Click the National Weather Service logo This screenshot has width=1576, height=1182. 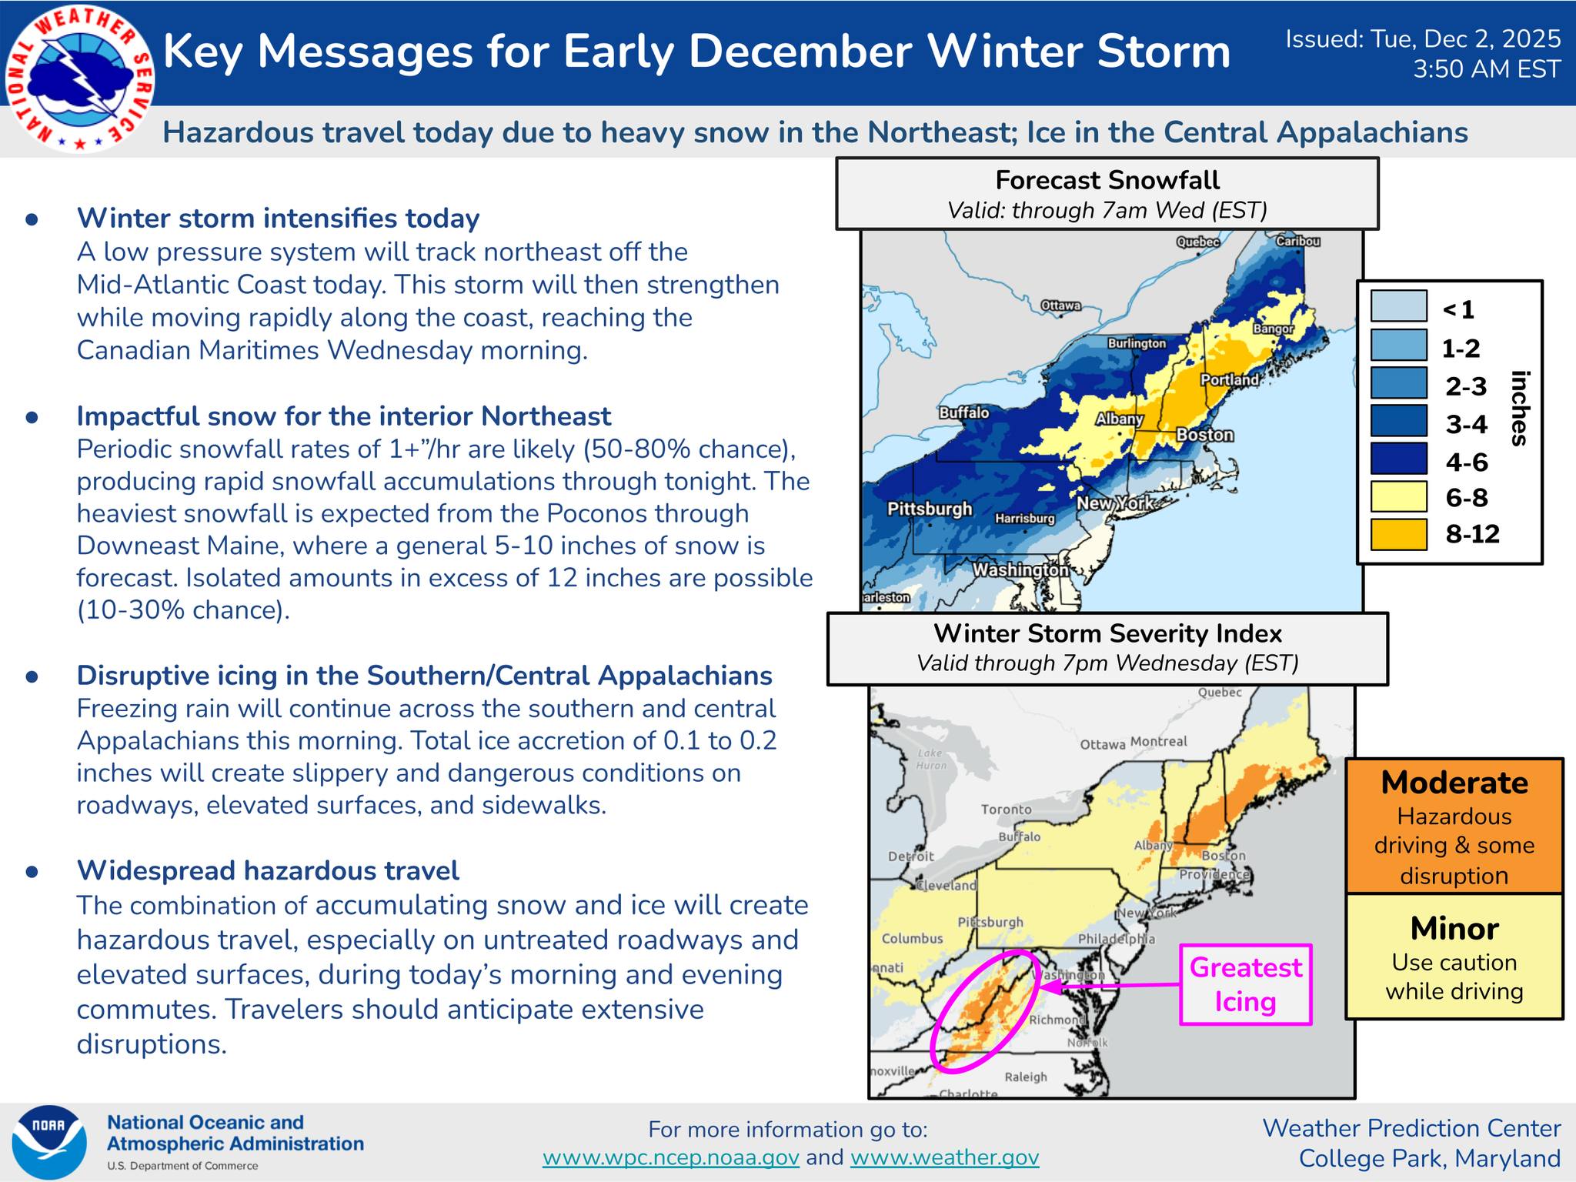[79, 79]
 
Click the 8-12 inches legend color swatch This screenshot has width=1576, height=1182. [1398, 534]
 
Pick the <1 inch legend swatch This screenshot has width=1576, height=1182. [1398, 306]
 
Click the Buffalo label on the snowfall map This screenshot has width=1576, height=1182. [963, 412]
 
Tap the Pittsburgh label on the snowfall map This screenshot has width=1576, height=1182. [930, 509]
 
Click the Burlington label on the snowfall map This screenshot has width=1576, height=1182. [1136, 343]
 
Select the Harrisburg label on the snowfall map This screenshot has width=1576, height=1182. [1024, 519]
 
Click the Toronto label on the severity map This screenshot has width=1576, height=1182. [1006, 809]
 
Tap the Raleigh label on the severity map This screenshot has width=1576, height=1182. [1025, 1077]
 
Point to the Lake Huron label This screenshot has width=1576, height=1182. [930, 760]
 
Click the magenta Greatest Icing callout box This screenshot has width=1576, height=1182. [1245, 984]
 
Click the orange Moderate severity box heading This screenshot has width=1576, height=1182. [1454, 783]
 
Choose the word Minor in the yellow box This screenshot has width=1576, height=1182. [1454, 929]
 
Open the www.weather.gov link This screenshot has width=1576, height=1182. [944, 1157]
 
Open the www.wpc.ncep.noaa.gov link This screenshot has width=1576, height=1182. [670, 1157]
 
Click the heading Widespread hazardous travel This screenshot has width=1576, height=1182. [268, 870]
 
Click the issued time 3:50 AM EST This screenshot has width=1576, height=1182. [1486, 69]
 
